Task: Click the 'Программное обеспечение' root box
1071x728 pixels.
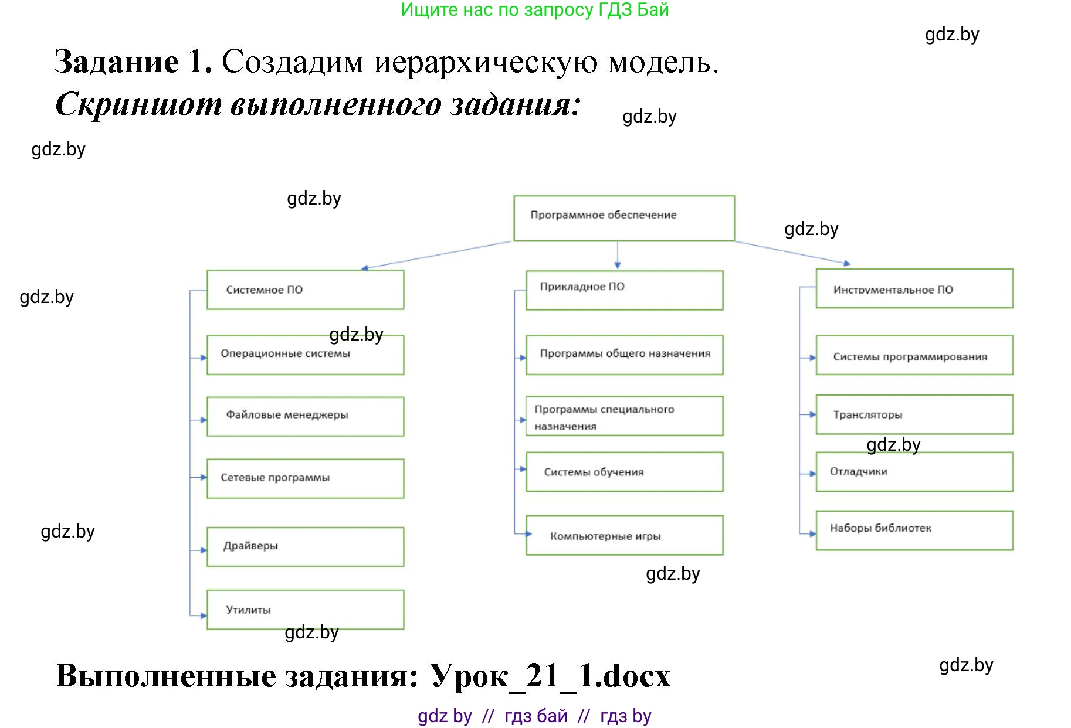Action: (624, 218)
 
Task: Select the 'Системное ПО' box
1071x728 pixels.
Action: (305, 290)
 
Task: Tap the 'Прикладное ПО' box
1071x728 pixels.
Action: (624, 290)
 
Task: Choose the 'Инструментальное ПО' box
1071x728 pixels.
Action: (914, 288)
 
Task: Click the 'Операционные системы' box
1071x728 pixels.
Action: (305, 355)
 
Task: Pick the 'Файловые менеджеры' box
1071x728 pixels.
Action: (305, 416)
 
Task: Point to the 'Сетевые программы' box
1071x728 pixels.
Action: (305, 478)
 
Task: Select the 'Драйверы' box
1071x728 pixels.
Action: (305, 546)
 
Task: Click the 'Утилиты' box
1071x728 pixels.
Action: (305, 610)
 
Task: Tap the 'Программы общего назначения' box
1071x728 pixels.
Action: (624, 355)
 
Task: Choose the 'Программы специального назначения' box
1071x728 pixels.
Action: (624, 416)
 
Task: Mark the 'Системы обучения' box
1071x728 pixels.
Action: (624, 472)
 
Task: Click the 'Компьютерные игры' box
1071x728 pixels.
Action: (624, 535)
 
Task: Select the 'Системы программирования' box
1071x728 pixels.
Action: (914, 355)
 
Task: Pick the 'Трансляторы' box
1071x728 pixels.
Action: (914, 414)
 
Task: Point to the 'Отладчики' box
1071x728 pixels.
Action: (914, 472)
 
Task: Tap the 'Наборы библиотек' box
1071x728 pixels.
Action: (914, 530)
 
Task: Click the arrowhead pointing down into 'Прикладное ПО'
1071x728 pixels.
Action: (618, 265)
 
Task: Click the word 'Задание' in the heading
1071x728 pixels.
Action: (117, 62)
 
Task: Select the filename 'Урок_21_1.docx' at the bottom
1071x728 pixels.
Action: (550, 676)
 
